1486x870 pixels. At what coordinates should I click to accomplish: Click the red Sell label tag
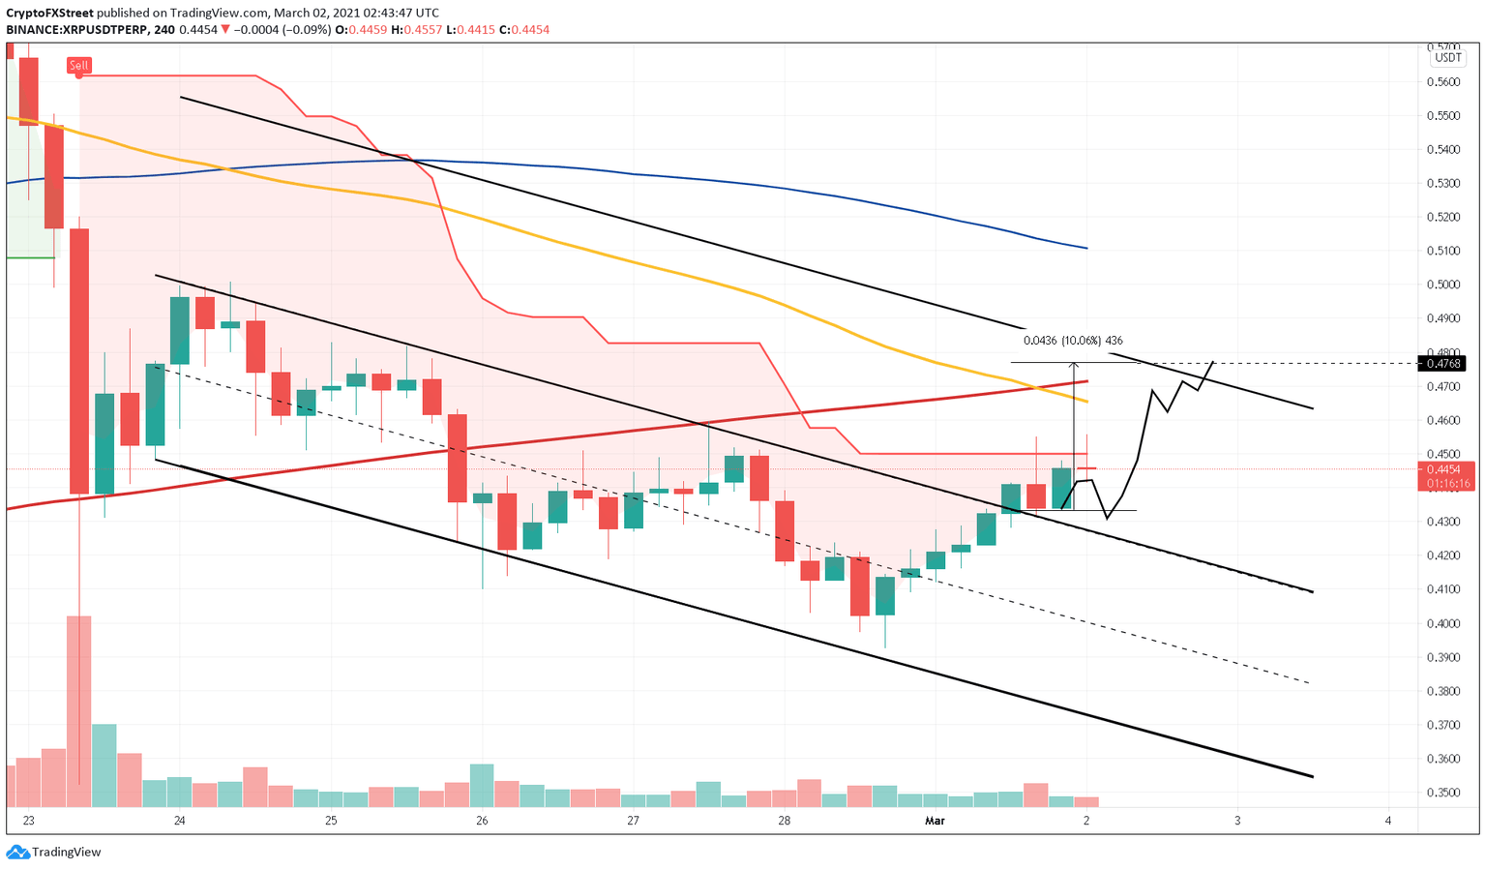(x=78, y=66)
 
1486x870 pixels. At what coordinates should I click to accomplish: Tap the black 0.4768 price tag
(x=1445, y=364)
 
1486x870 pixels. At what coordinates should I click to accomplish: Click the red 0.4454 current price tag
(x=1445, y=468)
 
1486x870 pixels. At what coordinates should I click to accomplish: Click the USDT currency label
(x=1448, y=58)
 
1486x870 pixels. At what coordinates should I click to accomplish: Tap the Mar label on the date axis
(x=935, y=821)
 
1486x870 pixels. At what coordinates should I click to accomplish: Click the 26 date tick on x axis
(x=483, y=821)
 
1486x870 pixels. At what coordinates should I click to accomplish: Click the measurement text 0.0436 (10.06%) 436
(x=1073, y=341)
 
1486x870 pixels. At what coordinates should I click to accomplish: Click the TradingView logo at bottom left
(x=54, y=853)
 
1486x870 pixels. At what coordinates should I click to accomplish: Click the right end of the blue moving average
(x=1086, y=249)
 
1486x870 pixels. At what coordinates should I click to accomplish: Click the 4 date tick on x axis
(x=1388, y=821)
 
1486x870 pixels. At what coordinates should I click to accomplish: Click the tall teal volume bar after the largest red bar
(x=104, y=765)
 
